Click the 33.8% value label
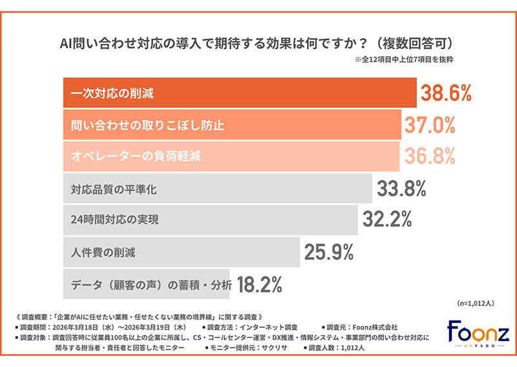(x=402, y=189)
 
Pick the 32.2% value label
(x=387, y=220)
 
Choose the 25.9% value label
(x=330, y=251)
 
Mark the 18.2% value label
(x=261, y=283)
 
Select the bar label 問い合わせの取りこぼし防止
(x=147, y=125)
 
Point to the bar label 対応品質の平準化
(x=114, y=190)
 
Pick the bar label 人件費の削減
(x=103, y=252)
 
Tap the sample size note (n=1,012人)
(x=474, y=302)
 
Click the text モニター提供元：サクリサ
(x=246, y=348)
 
